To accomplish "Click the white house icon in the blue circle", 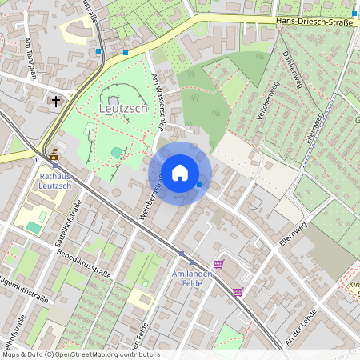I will (x=180, y=173).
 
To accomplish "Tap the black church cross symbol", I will (x=56, y=102).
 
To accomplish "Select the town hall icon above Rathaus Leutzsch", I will (x=54, y=154).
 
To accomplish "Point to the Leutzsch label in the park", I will (x=121, y=107).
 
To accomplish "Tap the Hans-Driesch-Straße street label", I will (x=315, y=23).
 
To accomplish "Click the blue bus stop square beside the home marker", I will (x=198, y=186).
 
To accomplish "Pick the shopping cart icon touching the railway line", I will (x=218, y=264).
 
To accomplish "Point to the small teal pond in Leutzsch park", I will (x=117, y=152).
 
